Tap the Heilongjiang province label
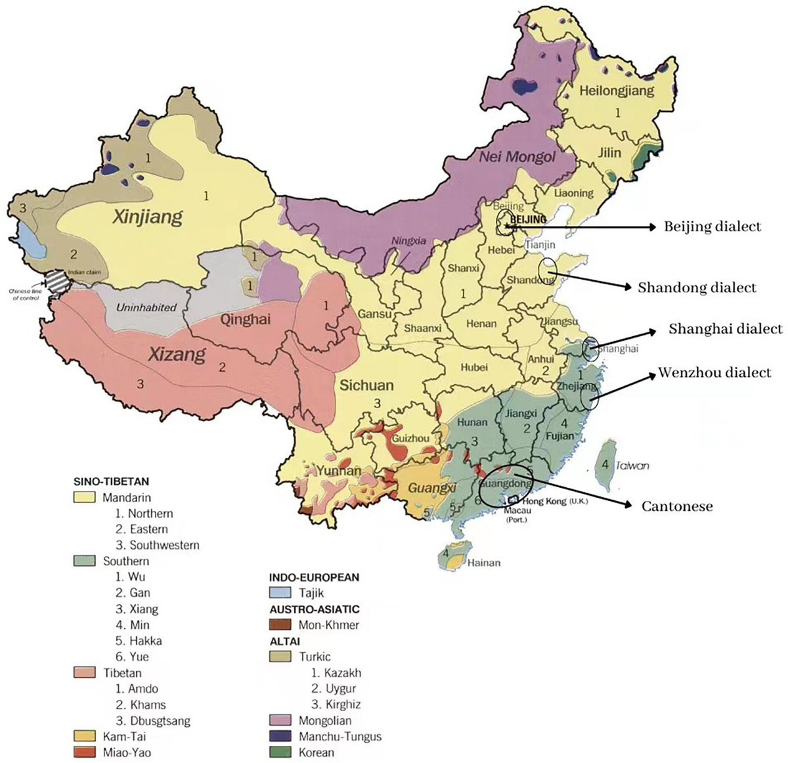click(616, 91)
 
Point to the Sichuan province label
click(366, 385)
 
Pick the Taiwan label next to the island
click(632, 466)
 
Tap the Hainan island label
click(483, 562)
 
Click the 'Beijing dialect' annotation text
click(712, 227)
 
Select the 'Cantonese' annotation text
click(677, 506)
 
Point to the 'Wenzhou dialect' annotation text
click(714, 373)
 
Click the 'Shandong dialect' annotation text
click(697, 288)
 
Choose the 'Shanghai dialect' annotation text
click(725, 328)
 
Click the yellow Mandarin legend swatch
click(84, 498)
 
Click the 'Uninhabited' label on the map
click(146, 307)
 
